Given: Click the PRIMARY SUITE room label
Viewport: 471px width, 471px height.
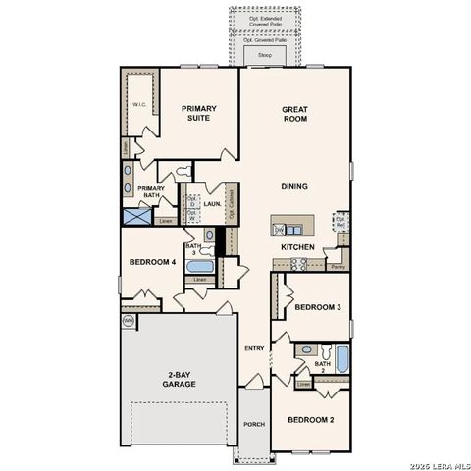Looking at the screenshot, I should [x=198, y=115].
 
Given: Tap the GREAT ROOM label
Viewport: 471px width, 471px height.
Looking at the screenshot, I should [x=295, y=115].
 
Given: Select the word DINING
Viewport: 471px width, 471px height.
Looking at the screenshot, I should [x=294, y=186].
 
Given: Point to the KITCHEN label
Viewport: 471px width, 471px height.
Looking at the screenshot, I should [x=297, y=247].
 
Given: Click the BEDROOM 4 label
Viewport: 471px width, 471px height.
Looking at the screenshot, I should [x=152, y=262].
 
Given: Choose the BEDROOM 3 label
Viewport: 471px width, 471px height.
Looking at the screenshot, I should [x=317, y=307].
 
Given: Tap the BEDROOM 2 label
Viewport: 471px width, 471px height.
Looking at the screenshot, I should [x=310, y=420].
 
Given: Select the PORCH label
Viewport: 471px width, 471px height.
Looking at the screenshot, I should [x=253, y=424].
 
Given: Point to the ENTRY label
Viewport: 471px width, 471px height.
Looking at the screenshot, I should [x=254, y=348].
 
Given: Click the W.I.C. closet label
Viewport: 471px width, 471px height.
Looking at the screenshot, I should [x=139, y=103].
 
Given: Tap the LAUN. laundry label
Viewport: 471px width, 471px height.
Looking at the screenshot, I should [x=211, y=204].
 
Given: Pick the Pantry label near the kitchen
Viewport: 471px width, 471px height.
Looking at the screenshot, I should [x=338, y=266].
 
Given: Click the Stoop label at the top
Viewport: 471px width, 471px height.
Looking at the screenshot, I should [x=264, y=56].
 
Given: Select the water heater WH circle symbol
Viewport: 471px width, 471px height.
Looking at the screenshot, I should [x=128, y=321].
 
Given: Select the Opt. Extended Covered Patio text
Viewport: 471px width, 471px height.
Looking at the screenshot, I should [x=264, y=20].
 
